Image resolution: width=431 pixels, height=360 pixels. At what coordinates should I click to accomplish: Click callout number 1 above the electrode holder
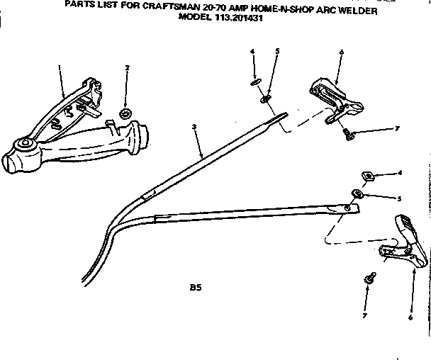point(60,67)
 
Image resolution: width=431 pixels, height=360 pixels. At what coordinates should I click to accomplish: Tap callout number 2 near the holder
point(127,68)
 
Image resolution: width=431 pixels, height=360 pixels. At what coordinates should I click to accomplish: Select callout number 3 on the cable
point(193,127)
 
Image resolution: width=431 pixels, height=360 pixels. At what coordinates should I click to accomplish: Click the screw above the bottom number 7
point(369,280)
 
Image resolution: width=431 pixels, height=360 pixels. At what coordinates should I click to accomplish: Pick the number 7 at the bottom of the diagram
point(366,316)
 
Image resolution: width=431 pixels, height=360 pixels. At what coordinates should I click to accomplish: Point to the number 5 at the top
point(277,52)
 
